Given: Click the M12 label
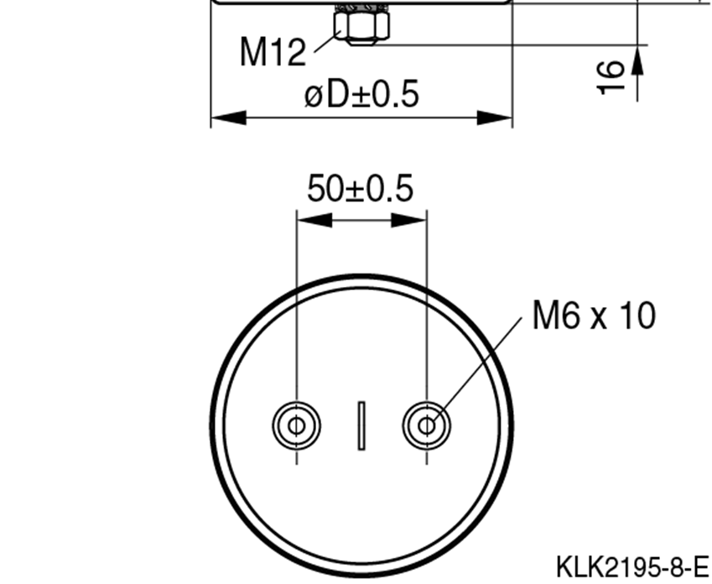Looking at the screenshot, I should coord(273,52).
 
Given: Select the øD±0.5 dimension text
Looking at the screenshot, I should coord(361,95).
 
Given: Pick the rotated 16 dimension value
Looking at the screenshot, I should coord(612,76).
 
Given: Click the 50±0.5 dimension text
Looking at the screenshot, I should coord(360,189).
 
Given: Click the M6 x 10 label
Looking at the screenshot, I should coord(594,316).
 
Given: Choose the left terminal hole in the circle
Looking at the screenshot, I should coord(296,425).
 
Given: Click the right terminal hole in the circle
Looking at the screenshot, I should coord(426,425).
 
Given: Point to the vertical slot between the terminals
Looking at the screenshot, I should coord(361,425).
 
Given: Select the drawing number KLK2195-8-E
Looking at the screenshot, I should coord(632,565).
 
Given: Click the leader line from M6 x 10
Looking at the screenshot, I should coord(478,369).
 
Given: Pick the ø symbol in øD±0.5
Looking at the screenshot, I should coord(314,96).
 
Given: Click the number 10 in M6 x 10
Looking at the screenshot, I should coord(637,316).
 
